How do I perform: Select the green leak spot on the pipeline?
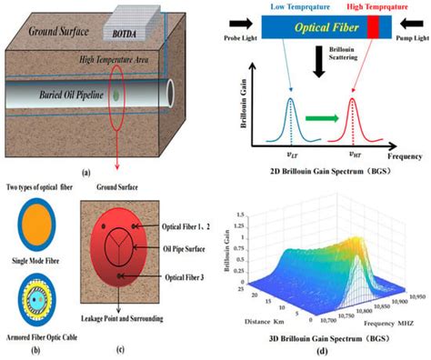click(x=117, y=95)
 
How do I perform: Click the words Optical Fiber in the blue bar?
click(x=320, y=29)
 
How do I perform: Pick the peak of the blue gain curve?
click(x=291, y=99)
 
